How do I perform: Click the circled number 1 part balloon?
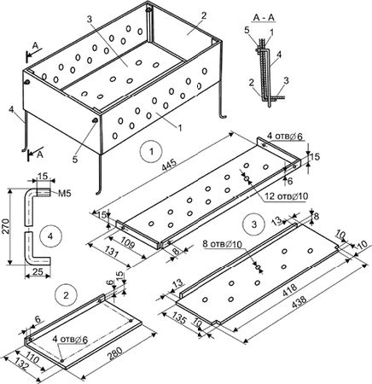click(151, 152)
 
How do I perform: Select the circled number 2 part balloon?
click(66, 296)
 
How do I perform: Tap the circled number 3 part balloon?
click(254, 224)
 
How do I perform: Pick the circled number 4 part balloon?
click(50, 236)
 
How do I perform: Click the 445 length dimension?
click(170, 165)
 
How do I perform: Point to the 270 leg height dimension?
click(7, 226)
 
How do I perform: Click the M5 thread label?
click(65, 194)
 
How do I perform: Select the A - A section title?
click(264, 18)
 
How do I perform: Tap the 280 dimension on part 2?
click(115, 355)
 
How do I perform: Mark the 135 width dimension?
click(178, 318)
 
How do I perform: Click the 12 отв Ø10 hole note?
click(287, 196)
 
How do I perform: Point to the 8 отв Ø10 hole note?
click(222, 244)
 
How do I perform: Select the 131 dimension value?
click(111, 251)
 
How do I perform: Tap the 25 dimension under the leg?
click(38, 271)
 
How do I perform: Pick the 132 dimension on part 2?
click(21, 364)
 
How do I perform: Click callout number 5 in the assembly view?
click(75, 160)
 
